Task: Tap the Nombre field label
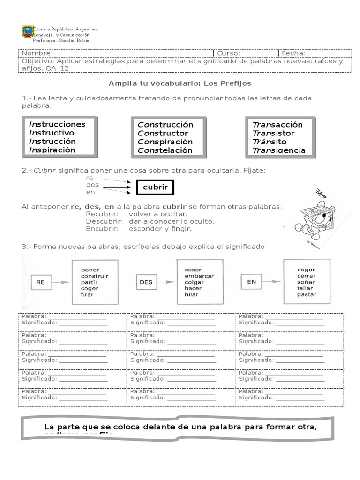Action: click(x=37, y=53)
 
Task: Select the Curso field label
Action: click(x=229, y=53)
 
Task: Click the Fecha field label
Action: click(x=293, y=53)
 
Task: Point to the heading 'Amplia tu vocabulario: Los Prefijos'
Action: click(x=180, y=83)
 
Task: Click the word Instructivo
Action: click(x=52, y=133)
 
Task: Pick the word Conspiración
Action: click(x=165, y=142)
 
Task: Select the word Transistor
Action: click(x=274, y=133)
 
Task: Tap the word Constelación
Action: click(x=165, y=150)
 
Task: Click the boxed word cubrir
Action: click(x=155, y=188)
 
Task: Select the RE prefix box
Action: click(x=41, y=282)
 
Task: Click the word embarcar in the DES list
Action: click(x=199, y=276)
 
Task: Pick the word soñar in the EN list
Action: click(x=306, y=282)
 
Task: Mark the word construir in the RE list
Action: click(x=95, y=276)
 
